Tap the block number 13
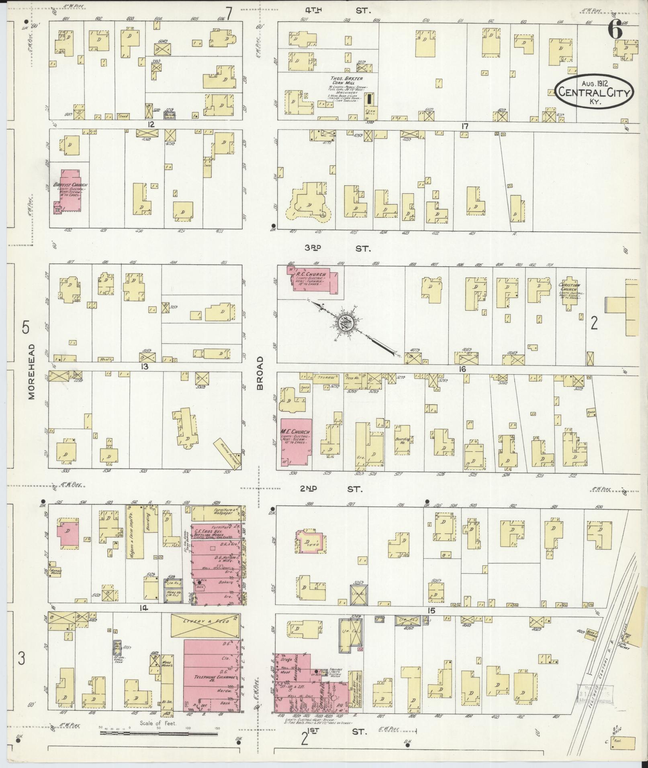coord(144,366)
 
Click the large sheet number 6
coord(615,30)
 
